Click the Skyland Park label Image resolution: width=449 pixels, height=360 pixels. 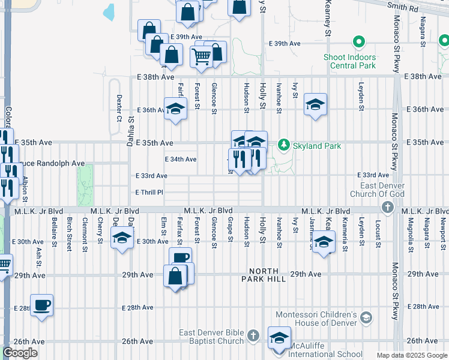316,146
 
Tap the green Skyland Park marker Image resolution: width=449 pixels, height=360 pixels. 283,145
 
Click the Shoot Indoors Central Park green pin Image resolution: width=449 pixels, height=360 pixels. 359,43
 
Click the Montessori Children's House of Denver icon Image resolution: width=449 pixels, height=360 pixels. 366,317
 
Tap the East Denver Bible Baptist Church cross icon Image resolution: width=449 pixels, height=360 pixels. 253,335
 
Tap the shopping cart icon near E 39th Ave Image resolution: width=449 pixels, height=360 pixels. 201,56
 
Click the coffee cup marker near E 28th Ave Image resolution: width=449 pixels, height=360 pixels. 42,305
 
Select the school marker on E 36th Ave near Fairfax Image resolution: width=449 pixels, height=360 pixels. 175,109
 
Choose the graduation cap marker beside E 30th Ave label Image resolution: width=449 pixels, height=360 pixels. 122,238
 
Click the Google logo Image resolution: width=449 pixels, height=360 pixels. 20,353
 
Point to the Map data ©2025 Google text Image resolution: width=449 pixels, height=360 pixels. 411,355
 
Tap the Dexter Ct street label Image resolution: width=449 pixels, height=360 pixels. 119,107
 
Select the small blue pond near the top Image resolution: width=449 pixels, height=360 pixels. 109,12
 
